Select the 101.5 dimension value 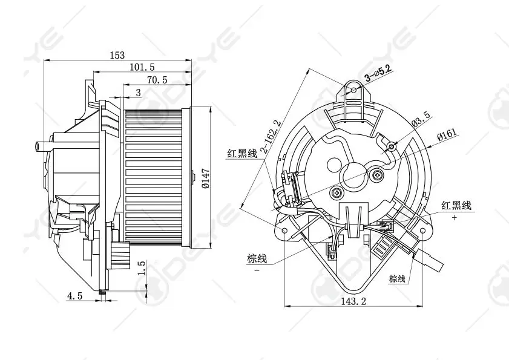coord(142,67)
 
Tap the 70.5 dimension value coord(157,79)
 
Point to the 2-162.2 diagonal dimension coord(270,137)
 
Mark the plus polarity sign coord(454,217)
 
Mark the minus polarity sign coord(257,270)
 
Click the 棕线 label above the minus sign coord(257,259)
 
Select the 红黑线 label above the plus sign coord(456,206)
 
